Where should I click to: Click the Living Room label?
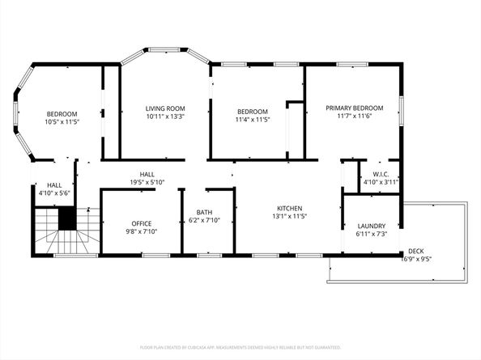165,108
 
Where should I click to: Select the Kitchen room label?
291,207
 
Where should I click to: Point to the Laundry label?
372,226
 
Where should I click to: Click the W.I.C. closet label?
381,174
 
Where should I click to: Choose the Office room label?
142,224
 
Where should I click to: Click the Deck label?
416,251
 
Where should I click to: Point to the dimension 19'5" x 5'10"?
147,183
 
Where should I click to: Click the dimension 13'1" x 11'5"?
291,216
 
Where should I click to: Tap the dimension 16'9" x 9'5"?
416,260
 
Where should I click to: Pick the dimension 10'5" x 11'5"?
62,122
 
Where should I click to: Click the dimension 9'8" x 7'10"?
142,233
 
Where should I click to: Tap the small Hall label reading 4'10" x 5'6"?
54,193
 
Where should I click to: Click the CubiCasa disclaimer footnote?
240,347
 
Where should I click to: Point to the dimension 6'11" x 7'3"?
372,235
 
